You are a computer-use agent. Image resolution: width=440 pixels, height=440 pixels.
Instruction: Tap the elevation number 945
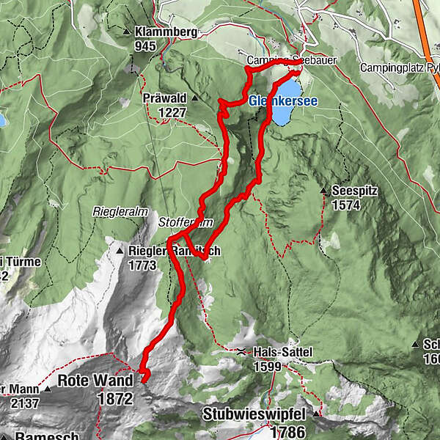pos(147,45)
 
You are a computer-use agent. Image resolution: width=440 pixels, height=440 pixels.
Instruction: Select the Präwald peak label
pos(166,98)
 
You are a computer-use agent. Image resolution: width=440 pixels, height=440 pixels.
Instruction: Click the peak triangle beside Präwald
pos(196,98)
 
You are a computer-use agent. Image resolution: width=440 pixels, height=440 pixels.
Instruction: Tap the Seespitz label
pos(354,190)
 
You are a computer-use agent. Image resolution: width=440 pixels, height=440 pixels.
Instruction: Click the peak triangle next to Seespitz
pos(323,191)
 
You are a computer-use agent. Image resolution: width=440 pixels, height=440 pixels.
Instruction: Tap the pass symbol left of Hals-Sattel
pos(243,352)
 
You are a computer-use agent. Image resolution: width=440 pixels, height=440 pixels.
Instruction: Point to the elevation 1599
pos(268,366)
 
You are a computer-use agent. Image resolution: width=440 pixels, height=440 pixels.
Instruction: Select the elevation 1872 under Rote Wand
pos(114,399)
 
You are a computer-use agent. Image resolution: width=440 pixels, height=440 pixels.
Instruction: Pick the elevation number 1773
pos(142,265)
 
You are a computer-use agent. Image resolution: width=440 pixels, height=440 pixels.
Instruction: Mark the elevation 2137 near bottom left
pos(25,403)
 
